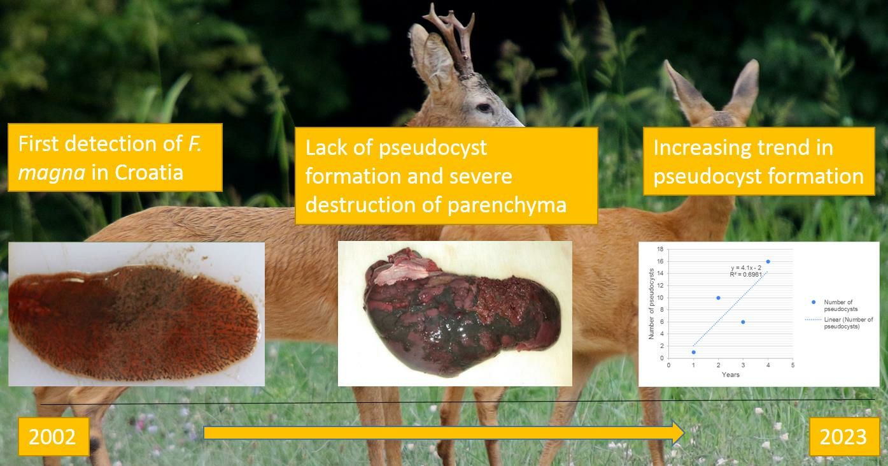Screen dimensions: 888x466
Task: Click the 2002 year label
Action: (52, 437)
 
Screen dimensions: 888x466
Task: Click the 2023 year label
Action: (843, 437)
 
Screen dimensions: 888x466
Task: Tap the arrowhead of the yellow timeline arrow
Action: (679, 433)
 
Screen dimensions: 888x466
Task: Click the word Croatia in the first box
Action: (149, 173)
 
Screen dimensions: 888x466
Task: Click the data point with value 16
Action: (768, 261)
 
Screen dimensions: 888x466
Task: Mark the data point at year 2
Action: (718, 298)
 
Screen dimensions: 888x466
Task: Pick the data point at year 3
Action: (743, 322)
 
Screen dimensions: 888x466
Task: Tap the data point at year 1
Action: (693, 352)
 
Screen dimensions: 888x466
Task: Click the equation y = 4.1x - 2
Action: (746, 268)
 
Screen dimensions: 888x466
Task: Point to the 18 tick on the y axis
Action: (660, 249)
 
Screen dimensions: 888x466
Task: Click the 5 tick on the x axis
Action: (793, 365)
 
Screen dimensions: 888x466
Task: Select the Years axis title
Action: (731, 375)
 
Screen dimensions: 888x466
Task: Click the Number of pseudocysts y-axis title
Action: (651, 303)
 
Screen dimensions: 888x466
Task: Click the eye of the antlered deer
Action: (484, 107)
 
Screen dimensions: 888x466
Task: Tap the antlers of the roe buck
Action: (452, 38)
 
